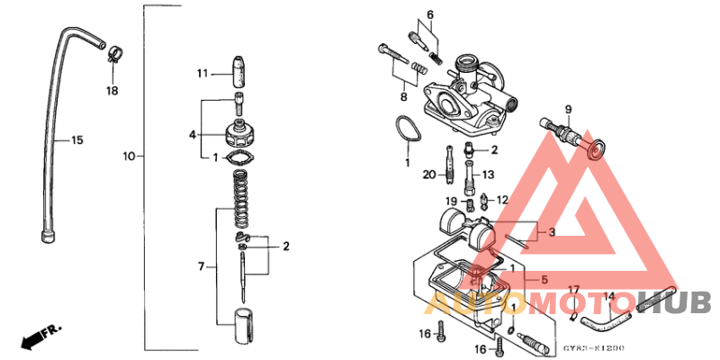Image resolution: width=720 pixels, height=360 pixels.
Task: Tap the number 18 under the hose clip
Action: (112, 91)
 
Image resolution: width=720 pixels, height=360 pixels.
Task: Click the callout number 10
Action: (129, 157)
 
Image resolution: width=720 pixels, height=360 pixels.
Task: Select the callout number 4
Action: (192, 135)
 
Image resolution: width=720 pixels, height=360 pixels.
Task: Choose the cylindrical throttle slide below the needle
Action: (242, 325)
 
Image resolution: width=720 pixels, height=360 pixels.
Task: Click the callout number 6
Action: (429, 14)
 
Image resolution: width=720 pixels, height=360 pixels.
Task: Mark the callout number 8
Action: (404, 97)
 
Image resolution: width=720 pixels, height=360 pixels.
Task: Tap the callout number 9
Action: (569, 110)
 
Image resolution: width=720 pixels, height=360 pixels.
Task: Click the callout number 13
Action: (490, 175)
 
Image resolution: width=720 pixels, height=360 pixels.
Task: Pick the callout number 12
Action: (502, 200)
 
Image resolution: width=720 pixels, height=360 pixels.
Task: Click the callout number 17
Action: (573, 290)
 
